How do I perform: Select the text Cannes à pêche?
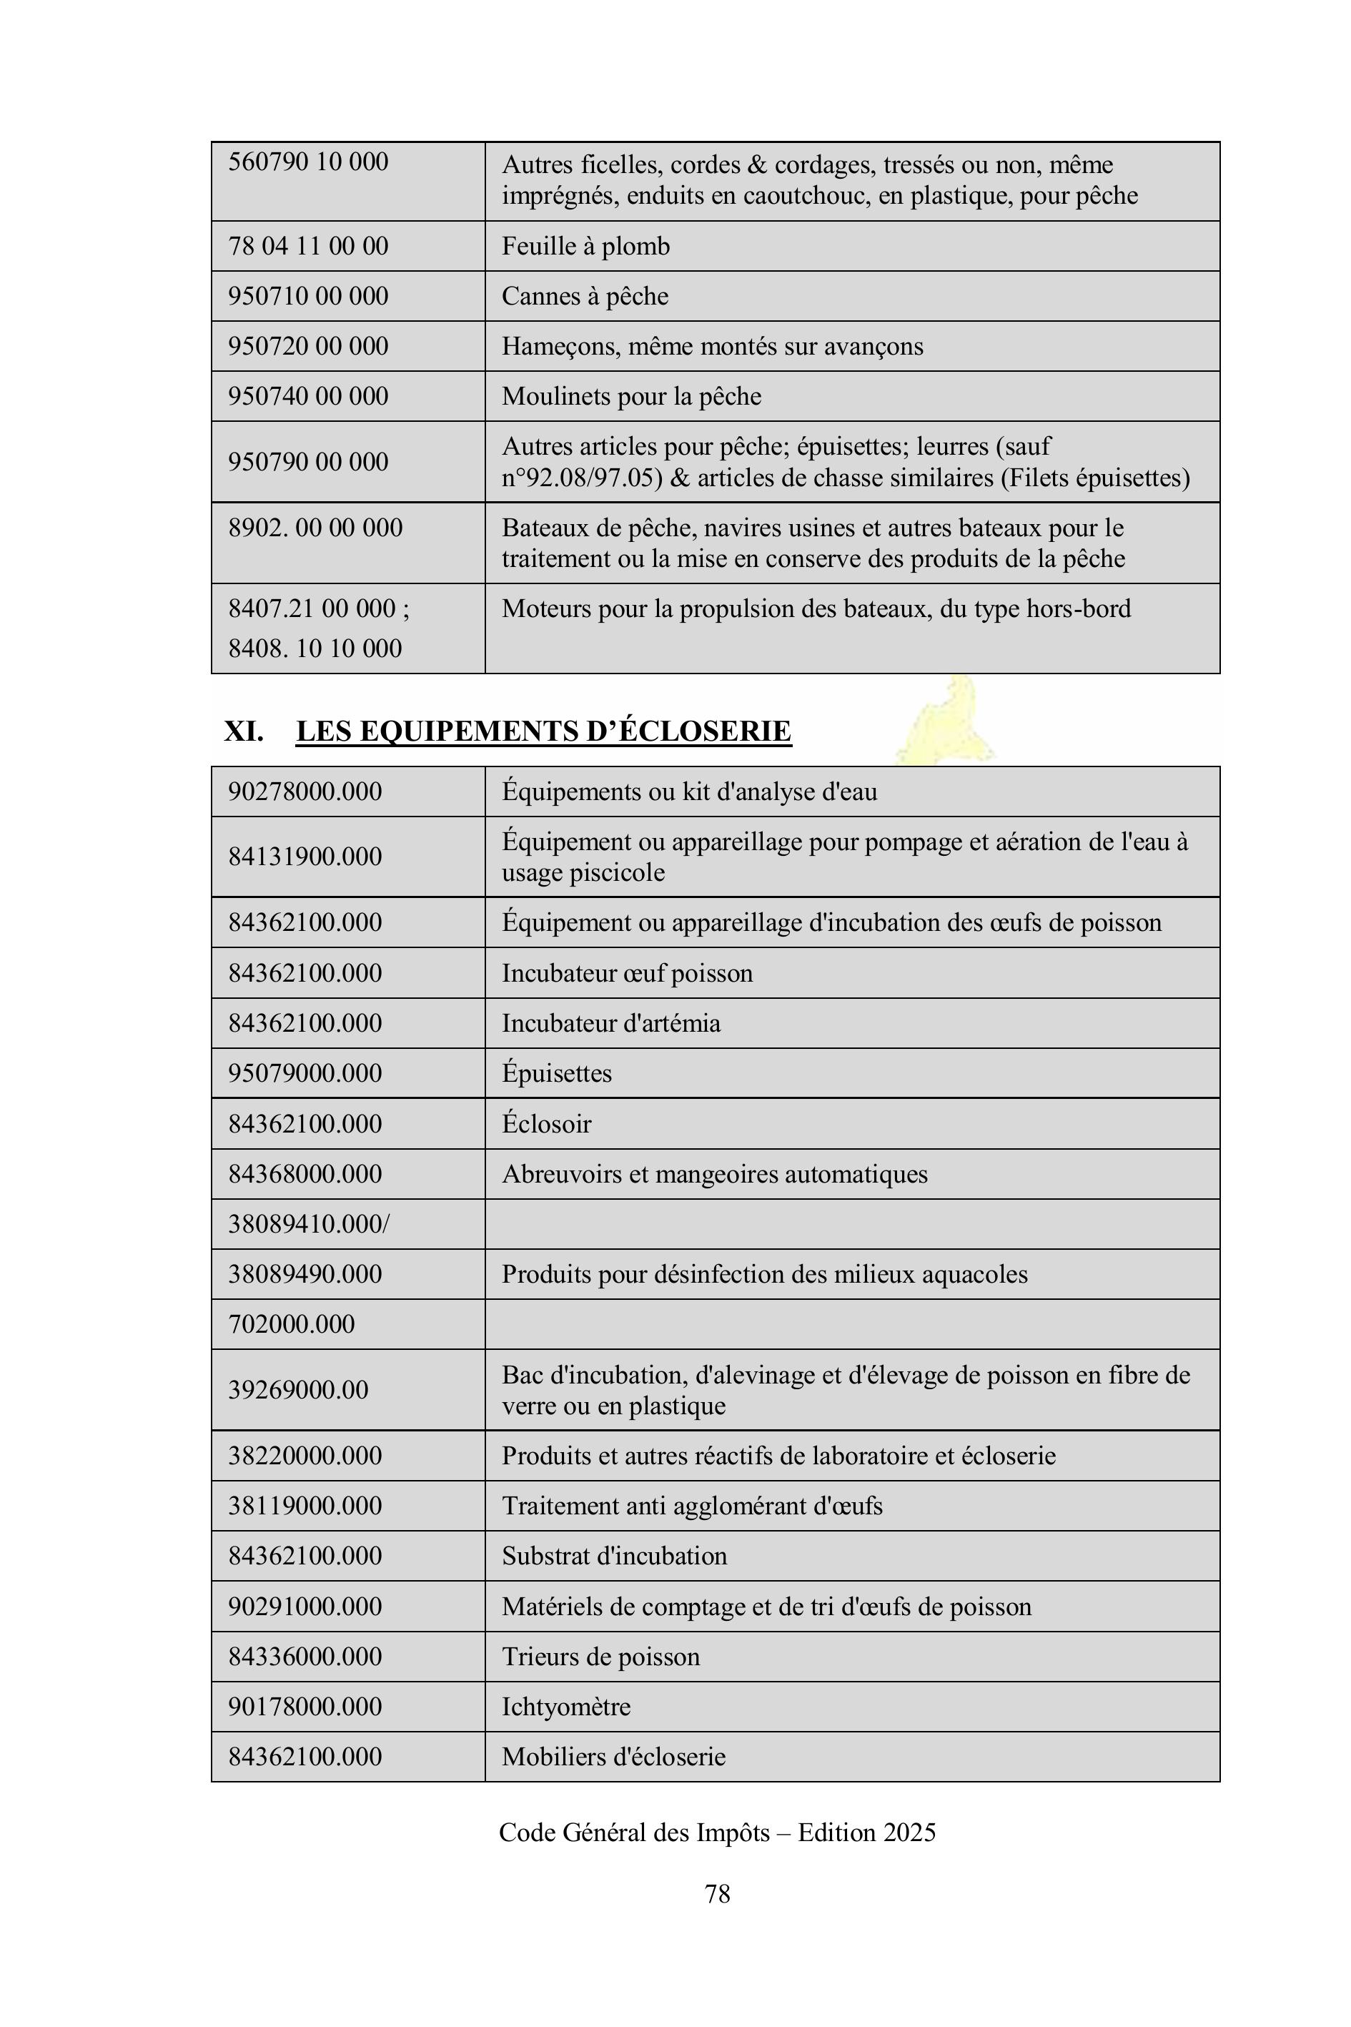coord(584,297)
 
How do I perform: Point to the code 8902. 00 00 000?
coord(315,528)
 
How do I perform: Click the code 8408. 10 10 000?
coord(315,648)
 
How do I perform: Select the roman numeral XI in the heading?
coord(243,731)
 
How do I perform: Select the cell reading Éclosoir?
coord(546,1124)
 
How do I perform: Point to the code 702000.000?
coord(290,1323)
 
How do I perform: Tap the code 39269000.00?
coord(297,1389)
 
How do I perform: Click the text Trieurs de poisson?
coord(600,1657)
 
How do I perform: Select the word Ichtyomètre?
coord(565,1707)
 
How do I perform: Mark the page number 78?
coord(717,1893)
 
